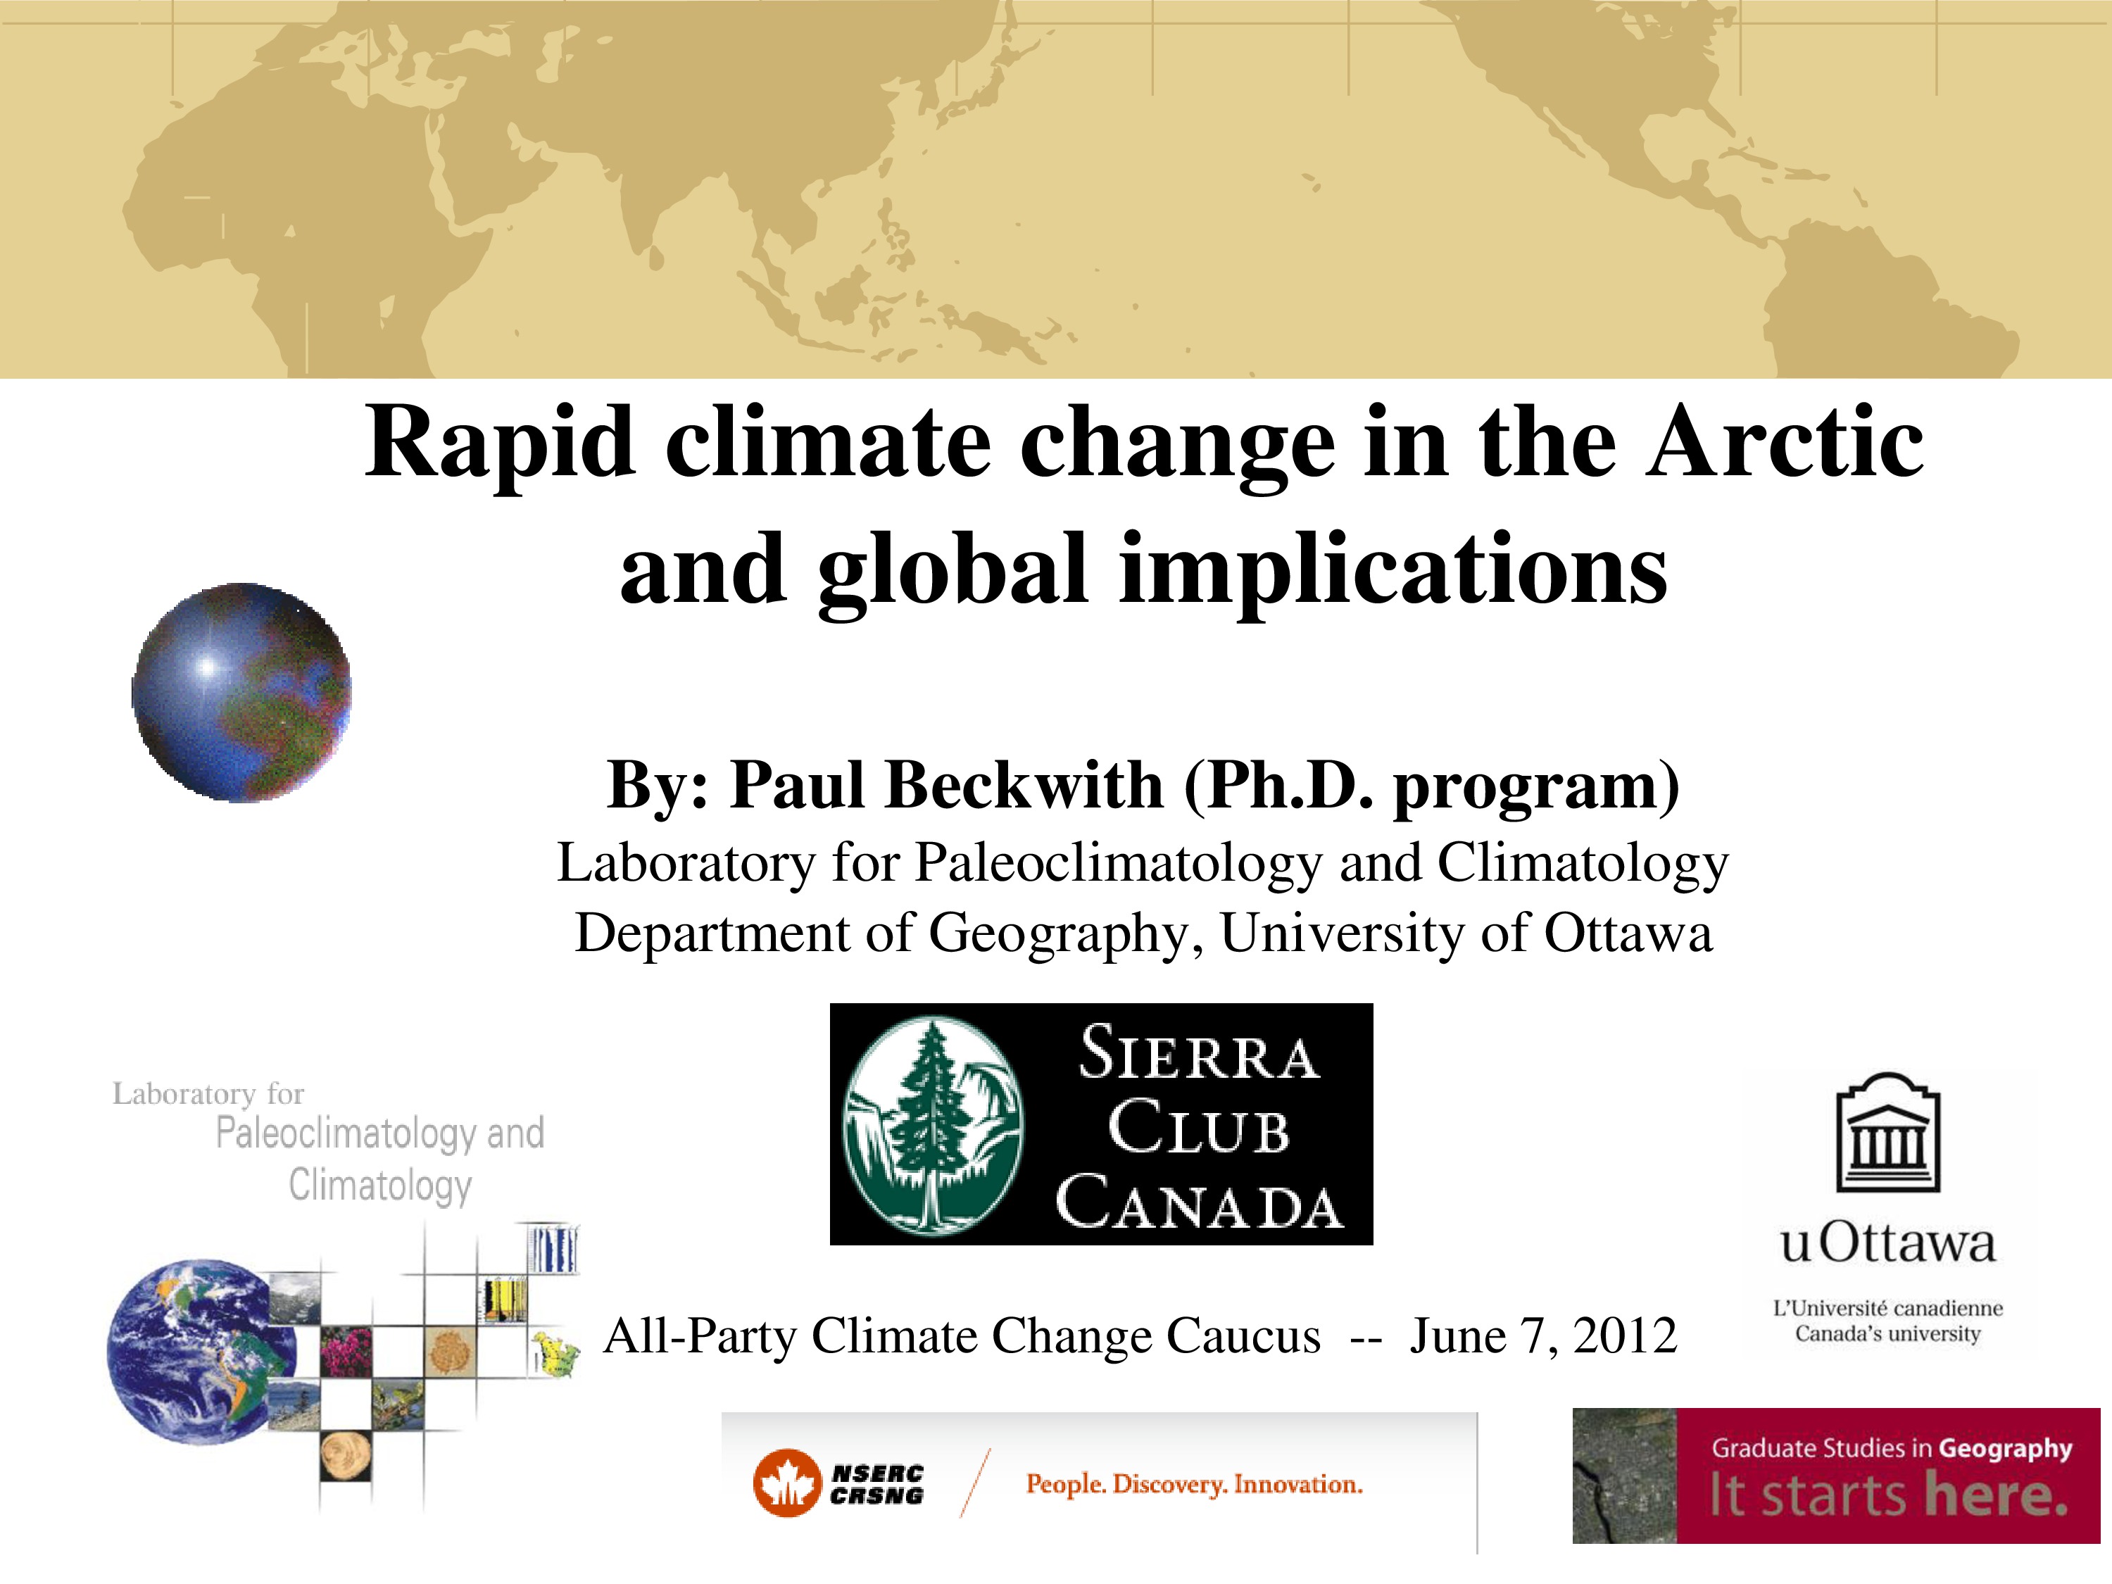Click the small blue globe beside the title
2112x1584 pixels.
[x=241, y=692]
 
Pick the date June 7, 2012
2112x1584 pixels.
[x=1543, y=1335]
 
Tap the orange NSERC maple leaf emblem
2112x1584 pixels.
[x=787, y=1483]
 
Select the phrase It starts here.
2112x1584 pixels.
[x=1887, y=1495]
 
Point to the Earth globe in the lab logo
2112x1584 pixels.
[x=201, y=1351]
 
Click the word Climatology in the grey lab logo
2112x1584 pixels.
[x=380, y=1186]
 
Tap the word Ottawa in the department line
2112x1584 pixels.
[x=1628, y=933]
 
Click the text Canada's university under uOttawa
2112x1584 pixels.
[x=1887, y=1334]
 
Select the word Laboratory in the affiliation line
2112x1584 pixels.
[x=686, y=863]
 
